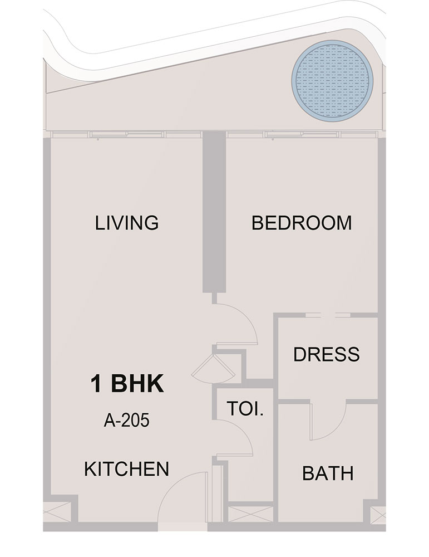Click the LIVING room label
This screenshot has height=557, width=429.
(126, 223)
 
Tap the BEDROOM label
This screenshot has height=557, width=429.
(302, 223)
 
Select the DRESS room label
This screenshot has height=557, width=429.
(327, 354)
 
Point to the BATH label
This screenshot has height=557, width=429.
(328, 473)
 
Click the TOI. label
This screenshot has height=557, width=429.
(245, 408)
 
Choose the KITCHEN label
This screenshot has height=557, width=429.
(127, 469)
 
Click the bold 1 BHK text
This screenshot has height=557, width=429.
(127, 383)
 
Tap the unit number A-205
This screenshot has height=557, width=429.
(126, 421)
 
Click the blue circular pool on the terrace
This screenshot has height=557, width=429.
(332, 81)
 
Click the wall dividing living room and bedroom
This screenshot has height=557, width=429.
(214, 212)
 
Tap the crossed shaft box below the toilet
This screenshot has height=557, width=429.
(250, 514)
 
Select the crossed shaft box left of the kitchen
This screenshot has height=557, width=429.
(57, 512)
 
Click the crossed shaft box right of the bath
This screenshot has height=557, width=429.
(378, 514)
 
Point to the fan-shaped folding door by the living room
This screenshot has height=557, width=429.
(214, 368)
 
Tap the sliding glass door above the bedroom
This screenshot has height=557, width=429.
(302, 134)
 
